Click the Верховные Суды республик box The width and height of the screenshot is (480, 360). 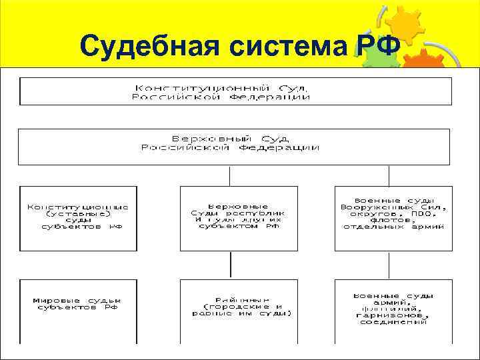click(230, 217)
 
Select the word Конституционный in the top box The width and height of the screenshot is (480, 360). click(202, 87)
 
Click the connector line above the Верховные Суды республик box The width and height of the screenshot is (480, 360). click(230, 176)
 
